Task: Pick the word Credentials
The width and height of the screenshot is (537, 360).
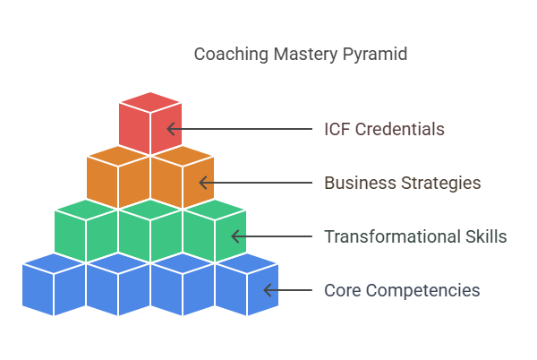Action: tap(400, 129)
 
